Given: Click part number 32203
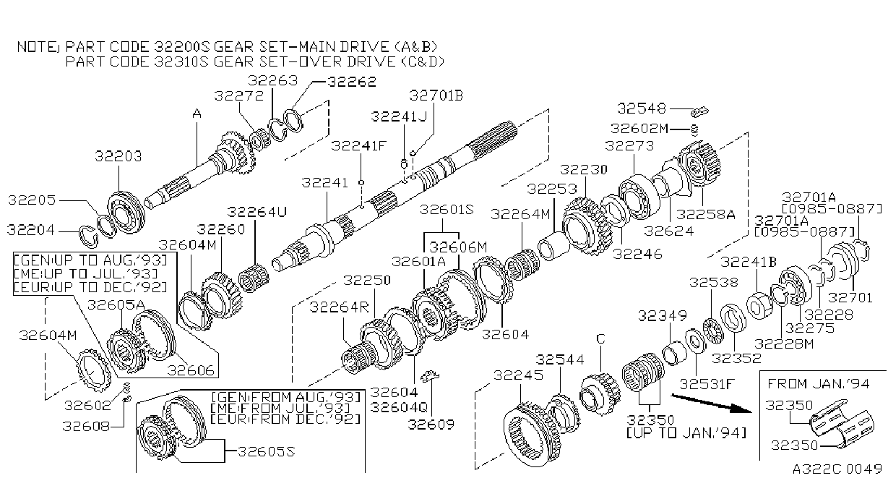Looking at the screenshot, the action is pyautogui.click(x=118, y=156).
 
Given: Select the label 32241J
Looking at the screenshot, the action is pyautogui.click(x=399, y=116).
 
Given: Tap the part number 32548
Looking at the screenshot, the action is pyautogui.click(x=642, y=108).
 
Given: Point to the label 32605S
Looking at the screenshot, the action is pyautogui.click(x=267, y=451).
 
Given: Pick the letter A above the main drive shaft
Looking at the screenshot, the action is pyautogui.click(x=197, y=114).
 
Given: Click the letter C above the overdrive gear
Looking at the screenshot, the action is pyautogui.click(x=600, y=338).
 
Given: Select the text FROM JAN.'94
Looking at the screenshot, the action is pyautogui.click(x=818, y=383).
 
